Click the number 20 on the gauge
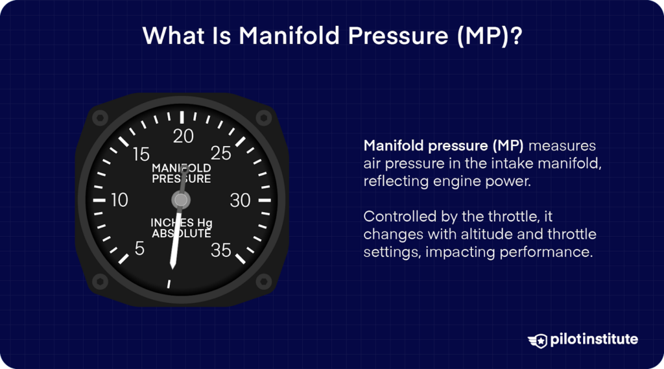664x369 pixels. pos(184,136)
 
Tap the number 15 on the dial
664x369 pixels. pos(141,155)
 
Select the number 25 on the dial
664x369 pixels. pos(221,154)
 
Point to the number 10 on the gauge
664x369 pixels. pos(120,200)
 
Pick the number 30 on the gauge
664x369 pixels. pos(240,201)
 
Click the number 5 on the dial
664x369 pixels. pos(139,249)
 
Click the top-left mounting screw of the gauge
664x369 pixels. pos(99,117)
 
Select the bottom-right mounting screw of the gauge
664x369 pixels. pos(263,281)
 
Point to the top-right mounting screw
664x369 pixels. pos(263,117)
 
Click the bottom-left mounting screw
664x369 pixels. pos(99,281)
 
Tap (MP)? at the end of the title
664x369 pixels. pos(488,36)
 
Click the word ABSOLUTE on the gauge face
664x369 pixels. pos(182,233)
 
